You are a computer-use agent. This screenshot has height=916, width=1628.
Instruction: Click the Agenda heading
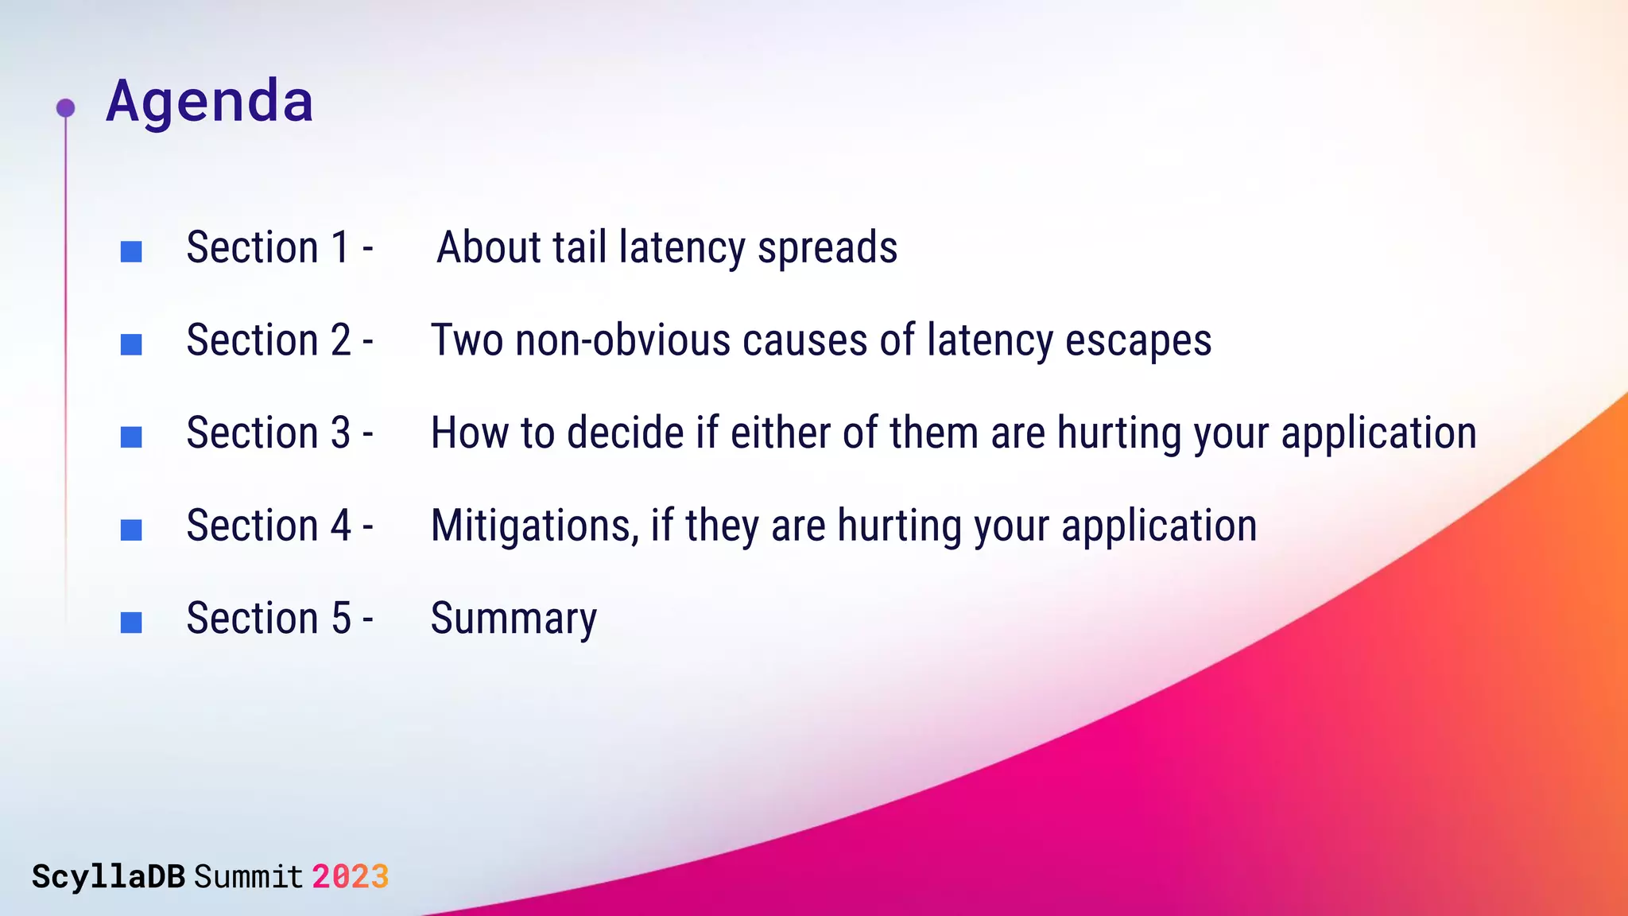pyautogui.click(x=210, y=102)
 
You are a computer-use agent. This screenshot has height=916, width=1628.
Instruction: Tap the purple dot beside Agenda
pyautogui.click(x=66, y=107)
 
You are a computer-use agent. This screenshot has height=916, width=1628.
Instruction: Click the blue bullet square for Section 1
pyautogui.click(x=131, y=252)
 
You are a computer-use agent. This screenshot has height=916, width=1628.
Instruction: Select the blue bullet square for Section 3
pyautogui.click(x=131, y=437)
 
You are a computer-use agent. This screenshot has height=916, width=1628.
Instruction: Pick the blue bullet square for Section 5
pyautogui.click(x=131, y=623)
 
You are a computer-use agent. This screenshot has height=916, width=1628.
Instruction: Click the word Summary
pyautogui.click(x=514, y=619)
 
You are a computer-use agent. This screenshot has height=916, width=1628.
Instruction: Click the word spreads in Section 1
pyautogui.click(x=827, y=248)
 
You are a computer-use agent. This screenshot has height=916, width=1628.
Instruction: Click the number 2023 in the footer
pyautogui.click(x=350, y=877)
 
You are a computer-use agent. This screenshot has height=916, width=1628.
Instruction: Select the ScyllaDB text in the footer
pyautogui.click(x=108, y=877)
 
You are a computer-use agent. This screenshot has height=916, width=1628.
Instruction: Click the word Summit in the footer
pyautogui.click(x=248, y=877)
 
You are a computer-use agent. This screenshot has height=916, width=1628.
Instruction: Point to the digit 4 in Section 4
pyautogui.click(x=341, y=526)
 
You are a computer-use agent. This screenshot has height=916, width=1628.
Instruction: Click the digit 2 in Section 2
pyautogui.click(x=341, y=340)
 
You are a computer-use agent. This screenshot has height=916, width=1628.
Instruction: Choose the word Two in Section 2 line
pyautogui.click(x=467, y=340)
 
